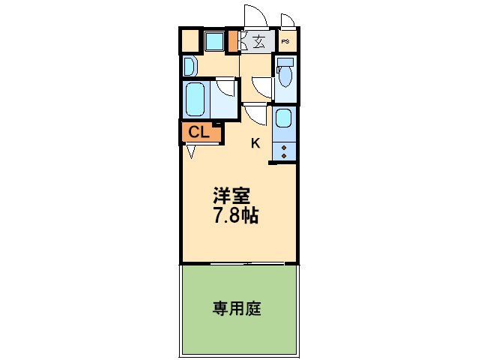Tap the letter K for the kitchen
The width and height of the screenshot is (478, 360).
[255, 143]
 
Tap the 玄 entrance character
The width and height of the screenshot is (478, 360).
[258, 42]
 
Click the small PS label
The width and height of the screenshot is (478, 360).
[286, 42]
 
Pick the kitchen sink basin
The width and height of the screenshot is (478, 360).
[283, 118]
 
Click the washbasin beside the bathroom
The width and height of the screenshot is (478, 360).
[189, 67]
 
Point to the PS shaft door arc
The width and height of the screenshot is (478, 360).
[288, 20]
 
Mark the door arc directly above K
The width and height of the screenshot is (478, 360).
[256, 114]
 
